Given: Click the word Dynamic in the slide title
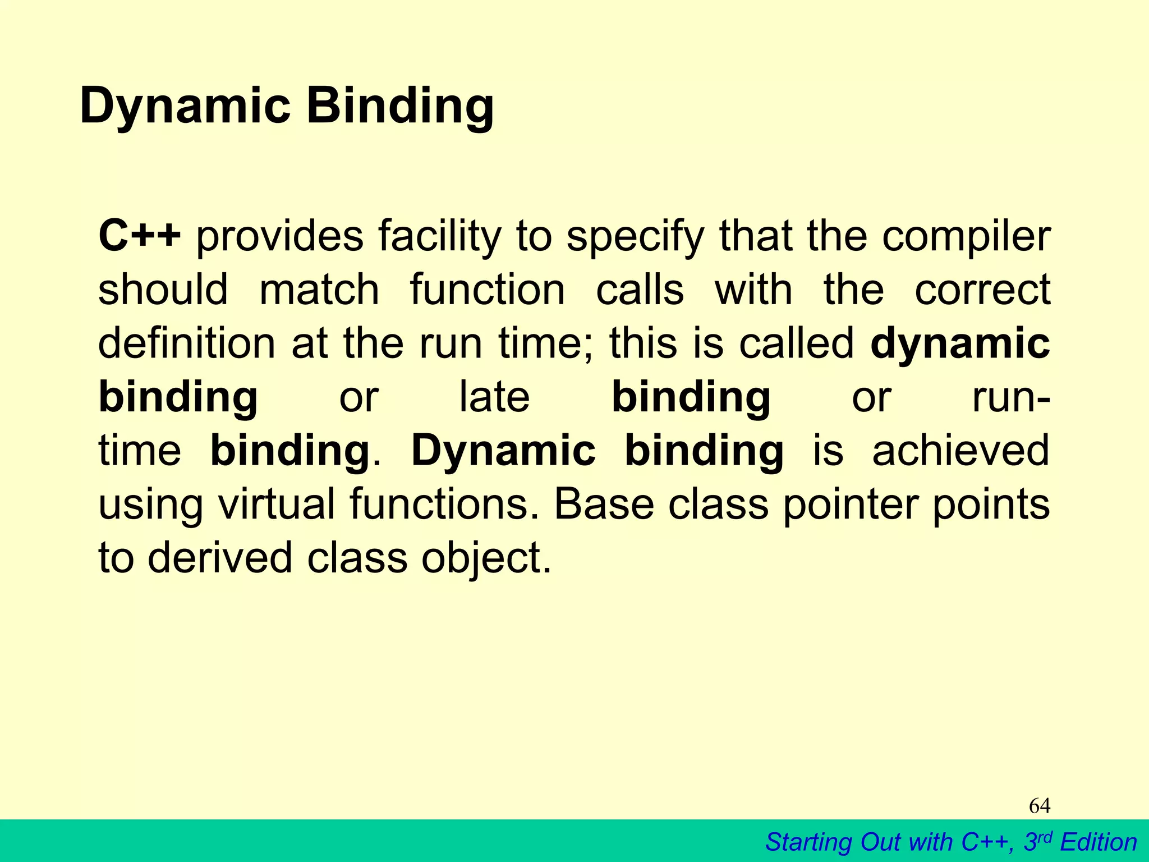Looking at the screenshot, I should tap(185, 107).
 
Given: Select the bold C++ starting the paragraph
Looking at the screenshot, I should tap(140, 236).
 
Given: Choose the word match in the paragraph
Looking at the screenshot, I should tap(319, 290).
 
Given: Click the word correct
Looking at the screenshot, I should tap(982, 290).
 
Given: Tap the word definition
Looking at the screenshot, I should tap(187, 343).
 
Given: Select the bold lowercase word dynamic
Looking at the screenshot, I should tap(960, 343).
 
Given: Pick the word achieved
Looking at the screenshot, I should tap(960, 450).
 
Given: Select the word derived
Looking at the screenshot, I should tap(220, 557).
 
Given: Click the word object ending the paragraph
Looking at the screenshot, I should tap(485, 558).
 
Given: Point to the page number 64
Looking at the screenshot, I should tap(1039, 806).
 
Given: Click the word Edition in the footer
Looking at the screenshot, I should tap(1099, 842).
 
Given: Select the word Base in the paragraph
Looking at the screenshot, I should tap(604, 503).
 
